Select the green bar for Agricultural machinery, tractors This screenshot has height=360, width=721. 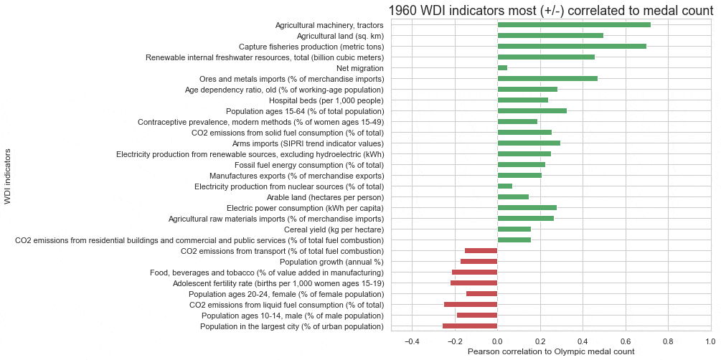[x=574, y=25]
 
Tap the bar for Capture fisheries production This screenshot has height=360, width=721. [x=572, y=47]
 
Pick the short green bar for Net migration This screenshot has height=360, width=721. [x=502, y=68]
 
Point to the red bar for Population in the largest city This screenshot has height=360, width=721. [x=470, y=326]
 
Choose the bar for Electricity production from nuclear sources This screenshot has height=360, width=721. [x=505, y=186]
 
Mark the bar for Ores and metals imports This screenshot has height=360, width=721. [x=547, y=79]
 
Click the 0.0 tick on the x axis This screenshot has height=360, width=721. [x=497, y=341]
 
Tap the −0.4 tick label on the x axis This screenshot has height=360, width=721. [x=412, y=341]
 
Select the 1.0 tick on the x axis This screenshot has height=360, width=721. [x=710, y=341]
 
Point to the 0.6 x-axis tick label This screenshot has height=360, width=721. [x=625, y=341]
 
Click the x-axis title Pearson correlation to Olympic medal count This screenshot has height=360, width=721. [x=551, y=352]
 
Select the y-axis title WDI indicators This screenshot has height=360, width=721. [x=8, y=176]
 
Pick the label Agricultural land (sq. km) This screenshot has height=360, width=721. [x=340, y=36]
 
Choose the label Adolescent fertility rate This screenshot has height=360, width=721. [x=278, y=283]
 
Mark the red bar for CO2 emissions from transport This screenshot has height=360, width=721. [x=481, y=251]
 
